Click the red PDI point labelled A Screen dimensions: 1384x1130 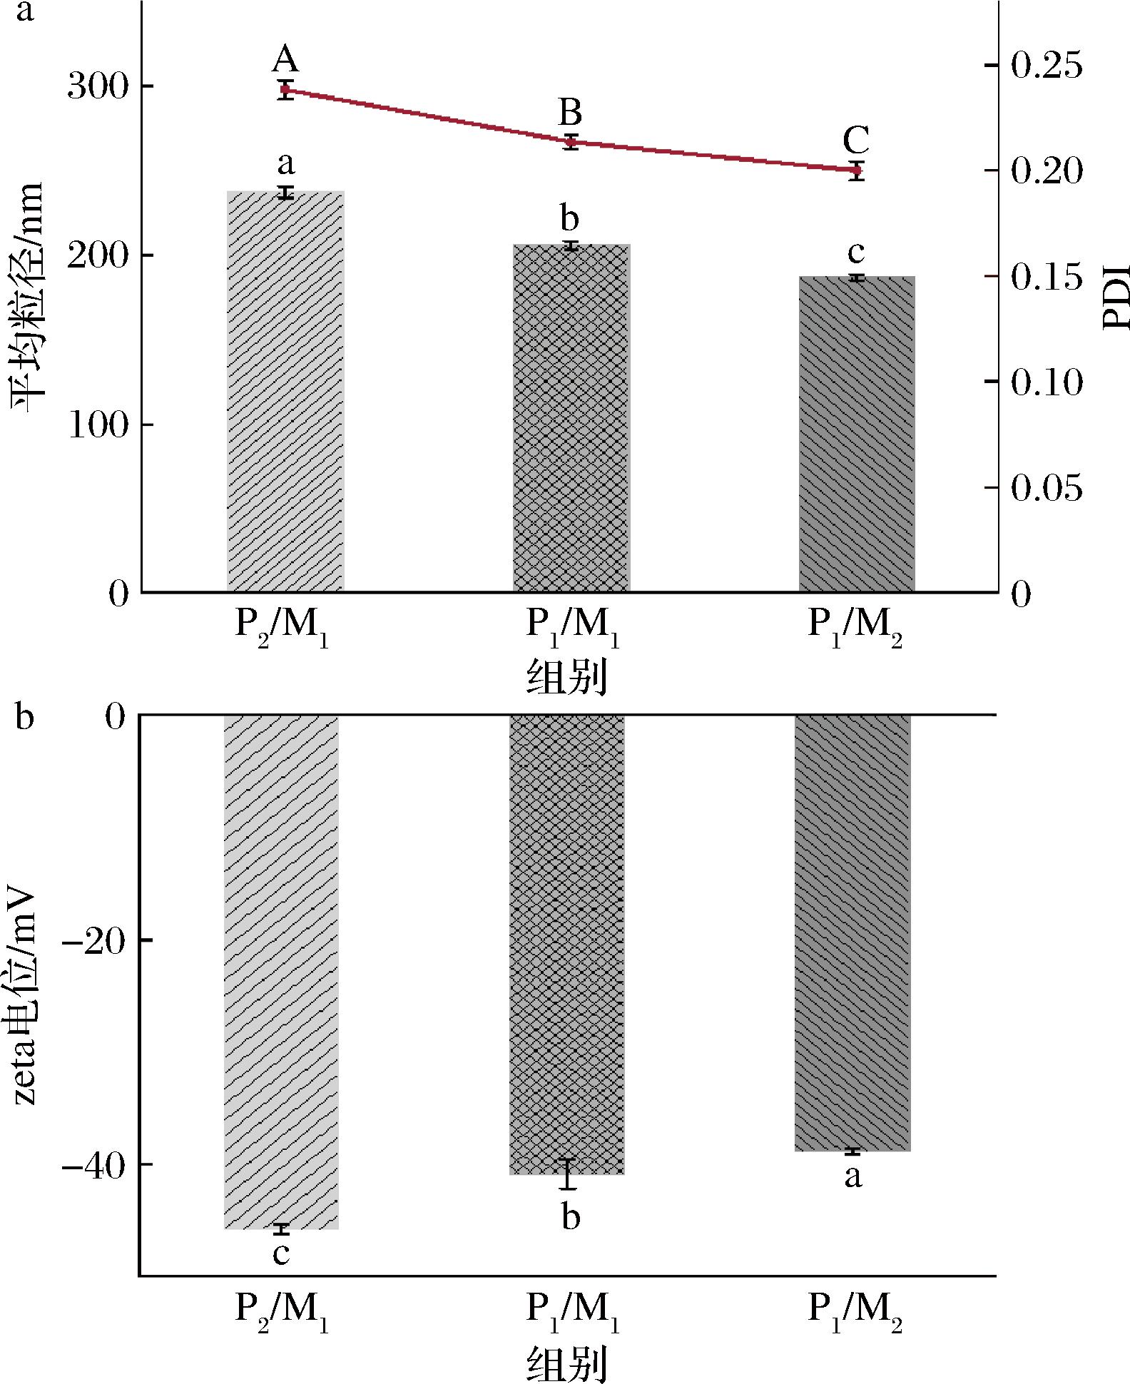(285, 90)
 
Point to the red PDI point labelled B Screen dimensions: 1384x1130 (571, 143)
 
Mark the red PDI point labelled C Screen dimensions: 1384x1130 (857, 171)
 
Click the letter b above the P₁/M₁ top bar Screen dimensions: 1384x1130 (569, 218)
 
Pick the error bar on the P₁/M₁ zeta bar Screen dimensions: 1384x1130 (568, 1174)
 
